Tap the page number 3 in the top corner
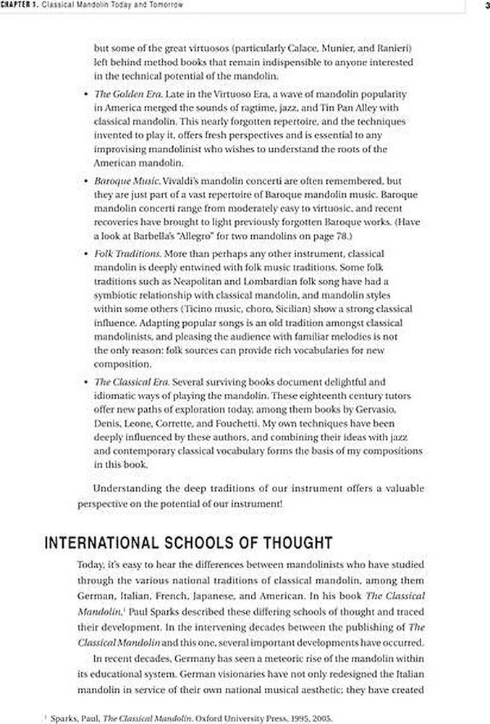[486, 6]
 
